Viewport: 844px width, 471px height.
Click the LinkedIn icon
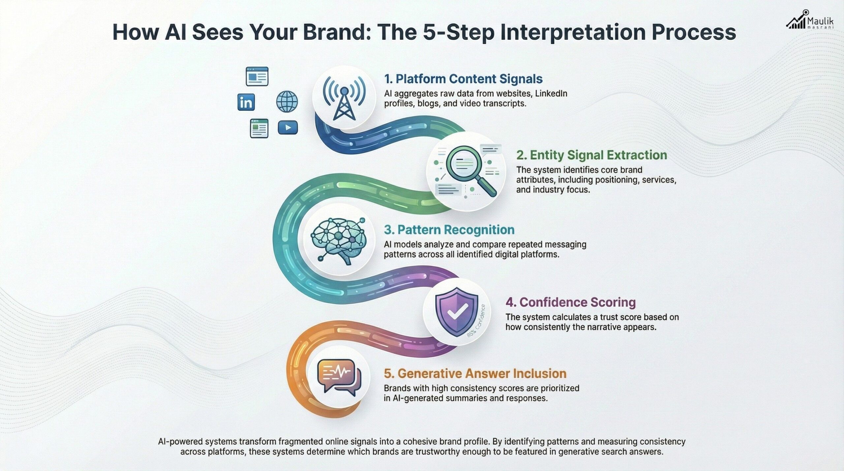pyautogui.click(x=246, y=102)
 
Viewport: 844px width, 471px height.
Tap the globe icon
pyautogui.click(x=287, y=102)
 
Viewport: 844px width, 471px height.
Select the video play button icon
pyautogui.click(x=288, y=128)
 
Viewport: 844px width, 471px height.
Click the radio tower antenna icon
pyautogui.click(x=344, y=98)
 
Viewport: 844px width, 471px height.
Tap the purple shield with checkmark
pyautogui.click(x=456, y=311)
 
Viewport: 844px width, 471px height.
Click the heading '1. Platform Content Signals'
pyautogui.click(x=463, y=79)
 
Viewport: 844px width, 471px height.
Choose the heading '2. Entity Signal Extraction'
pyautogui.click(x=591, y=155)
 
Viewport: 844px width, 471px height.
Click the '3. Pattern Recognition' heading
pyautogui.click(x=449, y=230)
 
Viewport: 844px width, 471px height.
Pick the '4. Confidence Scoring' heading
pyautogui.click(x=570, y=302)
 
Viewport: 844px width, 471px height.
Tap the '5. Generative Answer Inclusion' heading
pyautogui.click(x=475, y=373)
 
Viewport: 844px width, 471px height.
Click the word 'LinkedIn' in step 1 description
pyautogui.click(x=551, y=94)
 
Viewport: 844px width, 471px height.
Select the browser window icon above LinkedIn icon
pyautogui.click(x=257, y=76)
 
